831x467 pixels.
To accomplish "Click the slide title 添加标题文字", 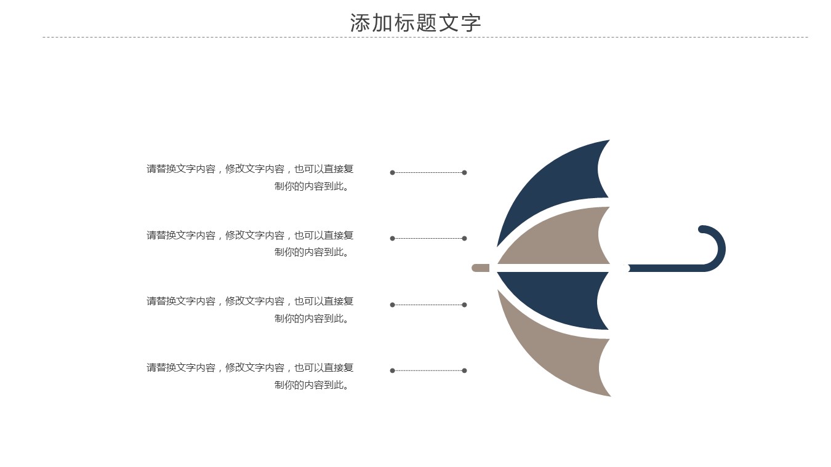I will pyautogui.click(x=415, y=23).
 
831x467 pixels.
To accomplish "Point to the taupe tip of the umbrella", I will pyautogui.click(x=480, y=268).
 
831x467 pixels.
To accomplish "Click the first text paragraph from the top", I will pyautogui.click(x=250, y=177).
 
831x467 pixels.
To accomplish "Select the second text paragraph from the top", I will pyautogui.click(x=250, y=244).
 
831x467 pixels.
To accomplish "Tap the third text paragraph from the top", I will pyautogui.click(x=250, y=309).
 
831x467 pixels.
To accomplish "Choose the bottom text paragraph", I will pyautogui.click(x=250, y=376).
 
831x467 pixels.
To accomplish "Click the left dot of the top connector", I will pyautogui.click(x=392, y=172).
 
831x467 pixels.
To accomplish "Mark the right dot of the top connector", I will pyautogui.click(x=464, y=172).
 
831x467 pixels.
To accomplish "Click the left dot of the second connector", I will pyautogui.click(x=392, y=238).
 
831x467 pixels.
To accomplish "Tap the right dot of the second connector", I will pyautogui.click(x=464, y=238).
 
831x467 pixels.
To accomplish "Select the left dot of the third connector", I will pyautogui.click(x=392, y=305).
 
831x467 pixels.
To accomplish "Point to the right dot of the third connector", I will pyautogui.click(x=464, y=305).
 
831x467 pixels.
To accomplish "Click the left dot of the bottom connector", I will pyautogui.click(x=392, y=370).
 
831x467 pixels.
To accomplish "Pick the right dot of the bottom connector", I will pyautogui.click(x=464, y=370).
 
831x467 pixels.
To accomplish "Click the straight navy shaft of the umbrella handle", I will pyautogui.click(x=665, y=268).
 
